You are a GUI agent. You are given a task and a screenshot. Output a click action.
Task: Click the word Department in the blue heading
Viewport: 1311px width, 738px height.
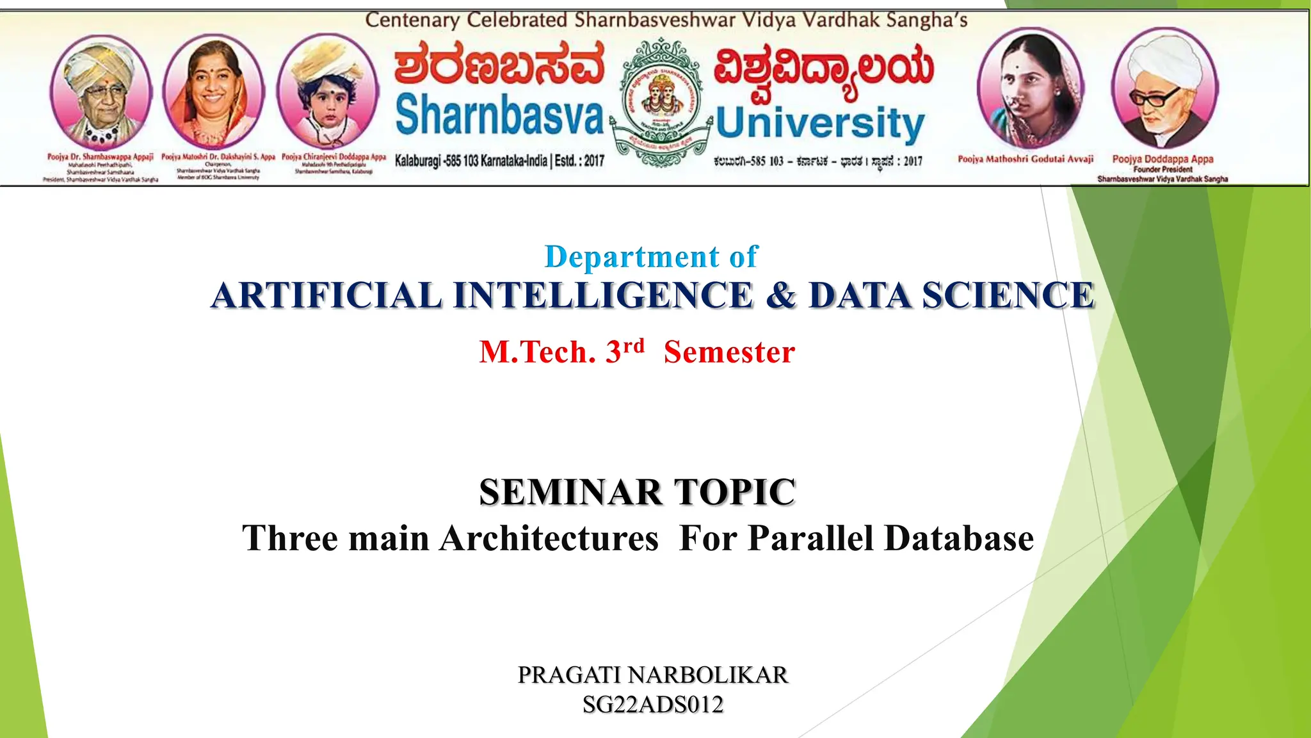632,258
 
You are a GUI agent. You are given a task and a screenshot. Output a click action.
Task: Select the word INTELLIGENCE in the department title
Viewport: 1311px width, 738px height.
603,295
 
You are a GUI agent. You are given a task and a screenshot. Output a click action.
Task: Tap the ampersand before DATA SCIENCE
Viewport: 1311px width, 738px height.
781,295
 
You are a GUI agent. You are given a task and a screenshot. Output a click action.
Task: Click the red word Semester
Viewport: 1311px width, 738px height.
729,352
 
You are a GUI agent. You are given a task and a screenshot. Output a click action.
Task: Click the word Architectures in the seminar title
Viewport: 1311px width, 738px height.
549,538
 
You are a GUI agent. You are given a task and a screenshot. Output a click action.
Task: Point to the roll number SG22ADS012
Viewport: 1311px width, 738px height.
653,705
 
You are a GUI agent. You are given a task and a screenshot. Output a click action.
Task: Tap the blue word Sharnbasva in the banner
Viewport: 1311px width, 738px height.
499,115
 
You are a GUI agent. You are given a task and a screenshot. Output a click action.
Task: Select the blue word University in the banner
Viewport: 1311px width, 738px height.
820,123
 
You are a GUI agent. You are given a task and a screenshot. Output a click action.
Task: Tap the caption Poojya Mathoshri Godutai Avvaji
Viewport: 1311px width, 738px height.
1025,159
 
